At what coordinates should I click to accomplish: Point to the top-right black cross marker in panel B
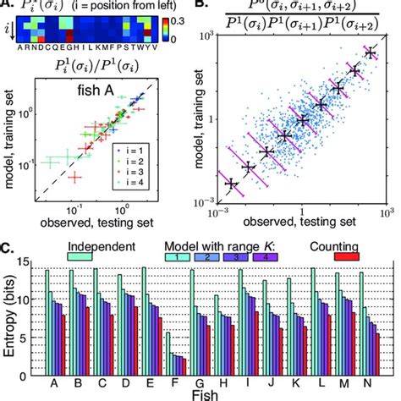[x=369, y=53]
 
